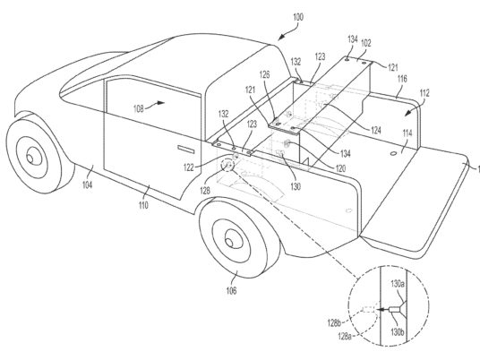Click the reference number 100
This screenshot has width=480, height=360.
tap(298, 17)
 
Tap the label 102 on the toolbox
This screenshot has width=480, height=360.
tap(366, 43)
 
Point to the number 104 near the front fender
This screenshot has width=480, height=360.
tap(87, 184)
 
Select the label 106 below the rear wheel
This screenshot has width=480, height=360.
tap(231, 290)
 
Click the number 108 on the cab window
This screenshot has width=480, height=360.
tap(139, 108)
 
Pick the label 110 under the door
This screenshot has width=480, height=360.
tap(143, 205)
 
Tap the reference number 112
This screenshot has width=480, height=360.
tap(424, 93)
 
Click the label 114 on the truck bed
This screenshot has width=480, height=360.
tap(407, 133)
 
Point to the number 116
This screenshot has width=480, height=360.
tap(402, 79)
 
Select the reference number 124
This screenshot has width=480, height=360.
tap(375, 131)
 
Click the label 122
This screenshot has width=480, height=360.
tap(189, 167)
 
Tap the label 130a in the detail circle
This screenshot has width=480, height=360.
tap(398, 284)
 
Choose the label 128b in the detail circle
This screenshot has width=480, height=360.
tap(334, 322)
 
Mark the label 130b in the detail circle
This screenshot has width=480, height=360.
tap(398, 332)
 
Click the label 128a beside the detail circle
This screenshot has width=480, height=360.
tap(345, 337)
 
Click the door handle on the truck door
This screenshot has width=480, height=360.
tap(186, 150)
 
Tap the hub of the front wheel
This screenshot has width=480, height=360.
tap(30, 159)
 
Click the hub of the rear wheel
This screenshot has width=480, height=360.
tap(229, 243)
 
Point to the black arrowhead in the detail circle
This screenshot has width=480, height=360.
tap(380, 310)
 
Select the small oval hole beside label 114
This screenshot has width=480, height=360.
tap(393, 153)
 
